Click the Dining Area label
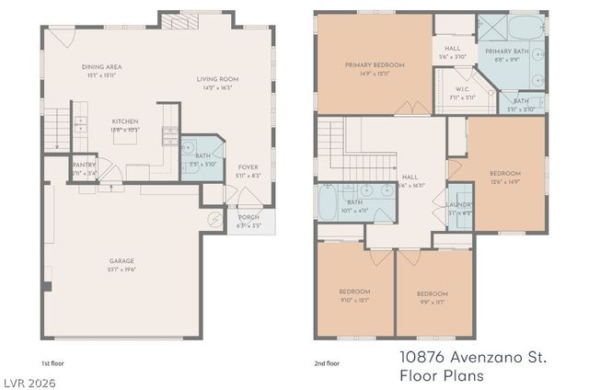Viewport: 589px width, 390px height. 102,67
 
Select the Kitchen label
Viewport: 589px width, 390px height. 125,121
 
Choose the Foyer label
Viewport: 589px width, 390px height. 248,166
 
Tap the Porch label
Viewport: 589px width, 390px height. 248,217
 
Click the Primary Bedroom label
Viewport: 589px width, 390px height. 374,64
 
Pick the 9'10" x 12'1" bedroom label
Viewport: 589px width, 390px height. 353,292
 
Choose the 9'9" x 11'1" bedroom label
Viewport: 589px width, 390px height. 432,294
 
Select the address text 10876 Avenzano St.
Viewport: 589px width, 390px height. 473,355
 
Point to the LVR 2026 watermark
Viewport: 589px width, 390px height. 29,378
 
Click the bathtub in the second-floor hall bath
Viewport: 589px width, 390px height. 329,202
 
